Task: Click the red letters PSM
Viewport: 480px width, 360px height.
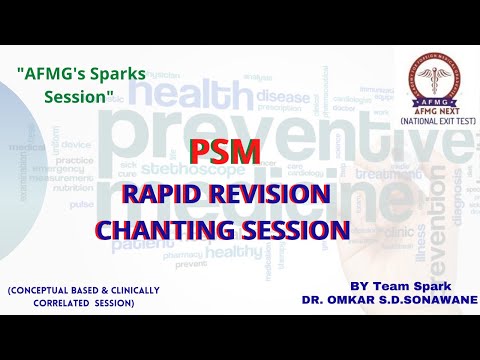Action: tap(226, 152)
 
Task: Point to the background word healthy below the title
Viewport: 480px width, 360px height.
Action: tap(231, 253)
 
